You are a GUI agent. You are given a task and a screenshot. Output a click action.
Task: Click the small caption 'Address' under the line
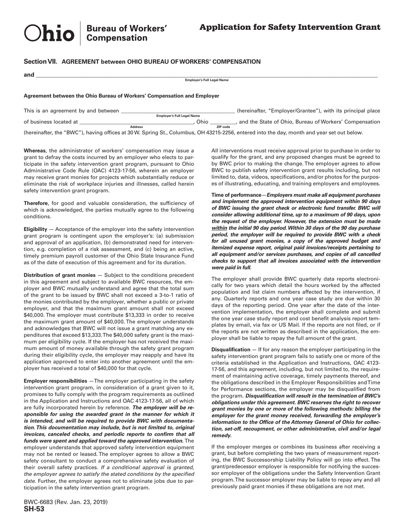[136, 127]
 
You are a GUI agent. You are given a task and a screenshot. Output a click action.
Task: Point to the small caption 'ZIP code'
[223, 127]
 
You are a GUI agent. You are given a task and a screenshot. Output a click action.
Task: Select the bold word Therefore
[36, 203]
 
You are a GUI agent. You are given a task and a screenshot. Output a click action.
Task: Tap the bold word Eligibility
[35, 229]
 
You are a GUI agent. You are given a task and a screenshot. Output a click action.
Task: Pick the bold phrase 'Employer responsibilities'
[55, 381]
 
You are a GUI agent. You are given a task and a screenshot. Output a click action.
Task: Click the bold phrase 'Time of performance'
[236, 195]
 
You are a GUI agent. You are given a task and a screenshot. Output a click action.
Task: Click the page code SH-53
[34, 509]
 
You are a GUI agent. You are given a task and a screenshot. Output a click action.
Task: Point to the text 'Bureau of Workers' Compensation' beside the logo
[126, 33]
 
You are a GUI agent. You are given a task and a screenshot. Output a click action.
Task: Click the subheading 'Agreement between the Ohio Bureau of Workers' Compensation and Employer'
[121, 96]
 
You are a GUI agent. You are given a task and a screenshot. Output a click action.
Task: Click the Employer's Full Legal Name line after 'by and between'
[178, 111]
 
